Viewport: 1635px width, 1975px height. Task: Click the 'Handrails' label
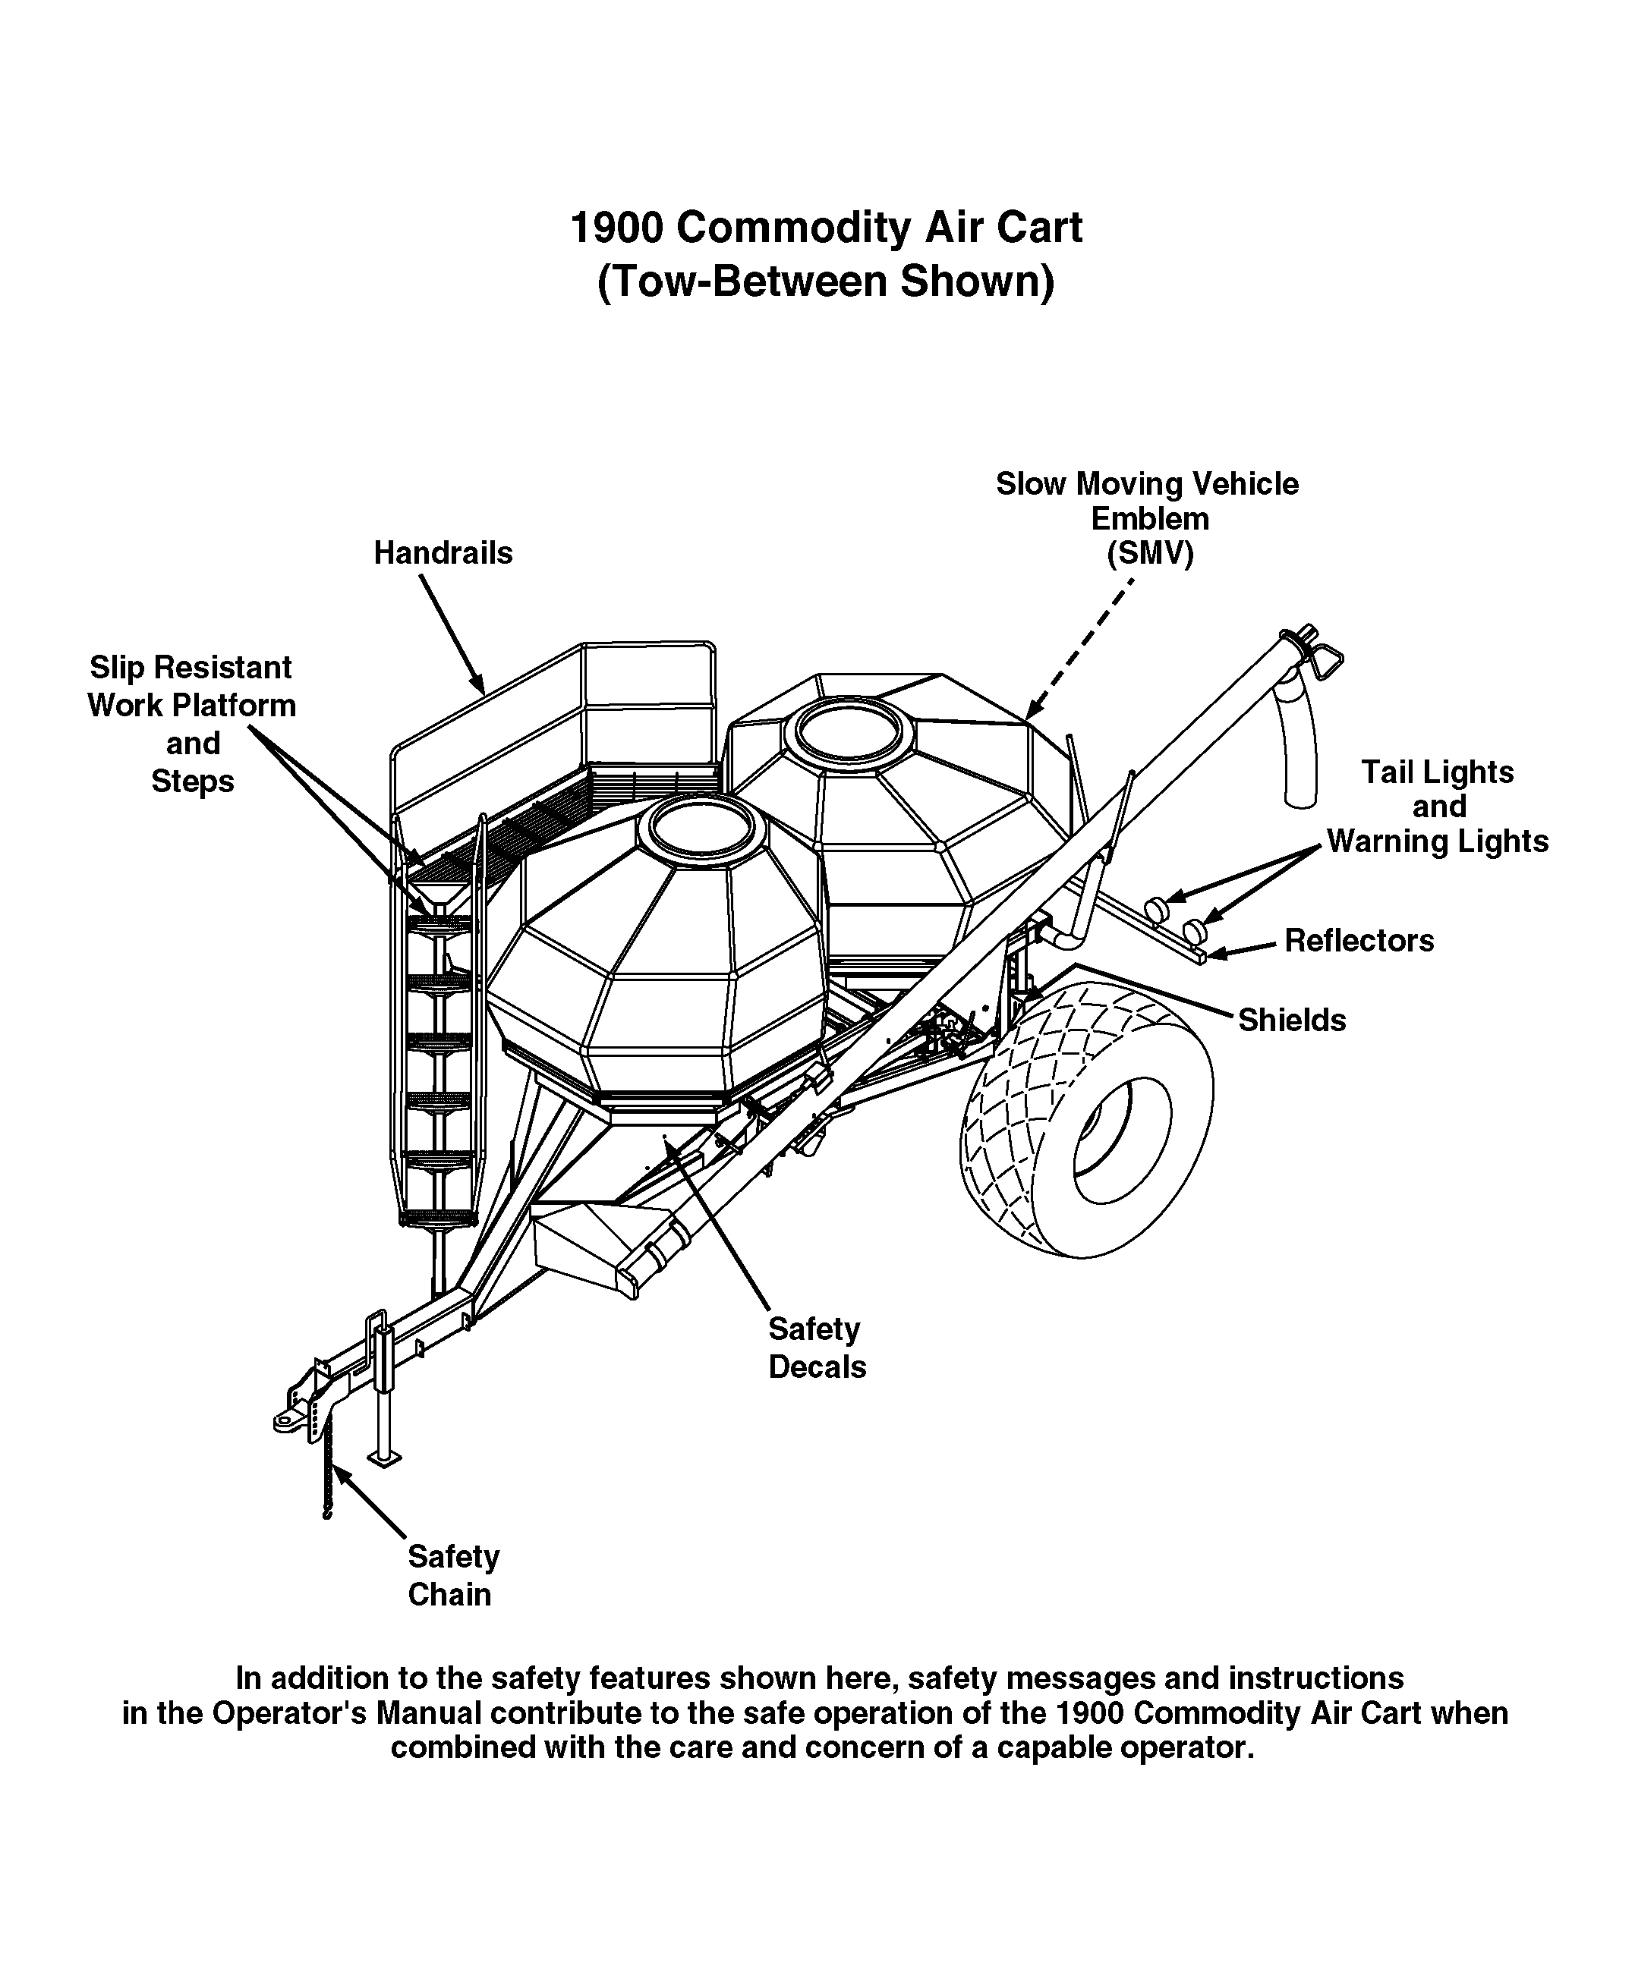pos(443,553)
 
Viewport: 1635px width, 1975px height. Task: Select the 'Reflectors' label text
pos(1359,941)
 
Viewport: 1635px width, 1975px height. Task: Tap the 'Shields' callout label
pos(1292,1020)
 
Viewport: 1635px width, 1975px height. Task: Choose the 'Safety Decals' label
pos(817,1348)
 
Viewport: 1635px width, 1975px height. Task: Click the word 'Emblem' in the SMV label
pos(1149,518)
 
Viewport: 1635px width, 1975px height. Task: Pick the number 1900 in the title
pos(616,228)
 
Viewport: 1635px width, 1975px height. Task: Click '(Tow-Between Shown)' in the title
pos(825,281)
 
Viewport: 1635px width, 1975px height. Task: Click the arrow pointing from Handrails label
pos(452,636)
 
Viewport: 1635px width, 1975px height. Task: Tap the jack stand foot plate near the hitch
pos(384,1459)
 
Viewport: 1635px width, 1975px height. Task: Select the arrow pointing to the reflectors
pos(1243,949)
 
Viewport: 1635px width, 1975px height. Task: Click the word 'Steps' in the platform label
pos(193,782)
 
